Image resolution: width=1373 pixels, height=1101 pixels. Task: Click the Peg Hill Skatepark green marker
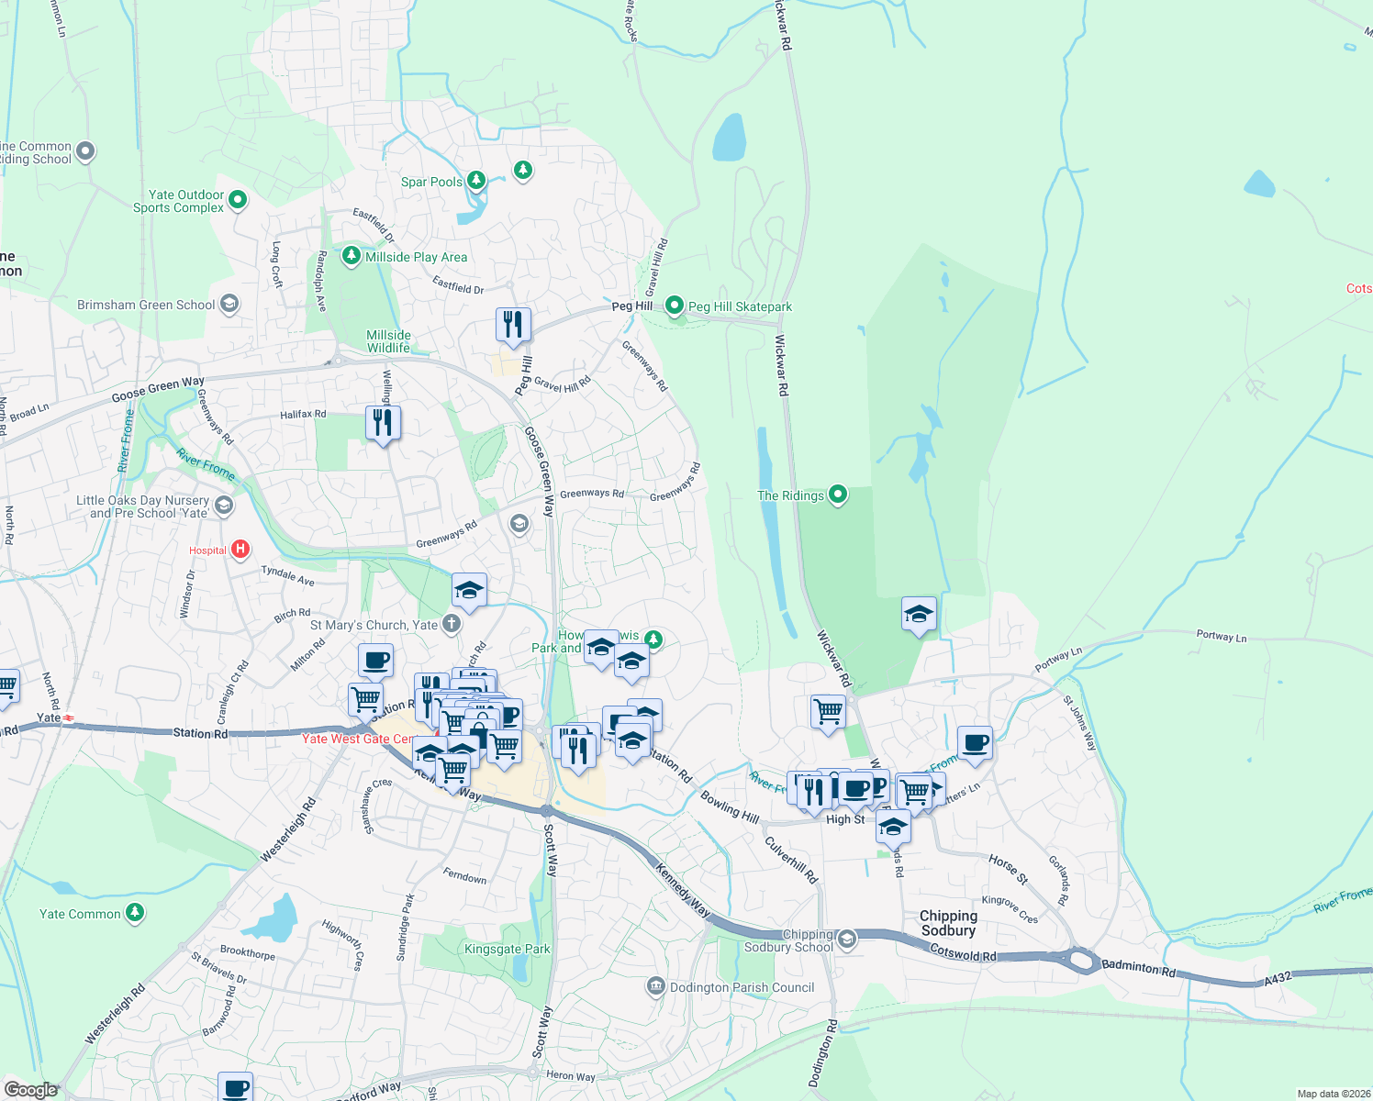[675, 305]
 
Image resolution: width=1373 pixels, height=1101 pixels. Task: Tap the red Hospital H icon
[240, 550]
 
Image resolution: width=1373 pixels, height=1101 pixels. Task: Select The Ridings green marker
[837, 495]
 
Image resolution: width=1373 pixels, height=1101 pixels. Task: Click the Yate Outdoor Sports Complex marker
[238, 199]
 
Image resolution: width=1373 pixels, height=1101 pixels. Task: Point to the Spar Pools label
[431, 182]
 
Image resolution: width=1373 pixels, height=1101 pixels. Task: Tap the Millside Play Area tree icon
[351, 255]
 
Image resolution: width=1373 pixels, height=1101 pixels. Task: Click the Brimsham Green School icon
[229, 305]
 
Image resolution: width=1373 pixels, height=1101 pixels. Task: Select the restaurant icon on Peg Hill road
[513, 325]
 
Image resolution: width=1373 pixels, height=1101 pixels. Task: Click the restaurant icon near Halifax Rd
[383, 422]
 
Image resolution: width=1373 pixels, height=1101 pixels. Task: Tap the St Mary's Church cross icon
[451, 625]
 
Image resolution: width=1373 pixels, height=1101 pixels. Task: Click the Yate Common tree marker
[135, 912]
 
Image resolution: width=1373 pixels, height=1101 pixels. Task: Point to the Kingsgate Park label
[508, 949]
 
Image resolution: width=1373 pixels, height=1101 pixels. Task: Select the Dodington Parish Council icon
[655, 986]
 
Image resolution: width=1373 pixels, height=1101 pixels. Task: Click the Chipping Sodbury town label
[948, 923]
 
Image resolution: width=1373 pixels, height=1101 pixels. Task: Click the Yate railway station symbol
[69, 718]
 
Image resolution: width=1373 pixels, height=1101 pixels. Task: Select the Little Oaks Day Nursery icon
[223, 506]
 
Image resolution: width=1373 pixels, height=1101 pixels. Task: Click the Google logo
[30, 1089]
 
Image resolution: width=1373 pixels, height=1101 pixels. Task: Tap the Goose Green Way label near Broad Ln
[158, 389]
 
